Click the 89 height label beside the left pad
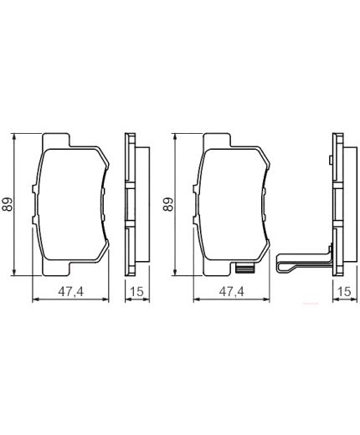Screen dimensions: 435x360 click(9, 203)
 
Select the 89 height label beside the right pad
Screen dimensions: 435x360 click(169, 203)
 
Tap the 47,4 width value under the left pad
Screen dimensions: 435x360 click(69, 290)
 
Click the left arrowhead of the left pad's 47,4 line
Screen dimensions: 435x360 click(34, 299)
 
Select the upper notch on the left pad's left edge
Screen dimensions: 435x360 click(38, 178)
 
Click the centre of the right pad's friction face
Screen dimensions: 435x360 click(230, 205)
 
